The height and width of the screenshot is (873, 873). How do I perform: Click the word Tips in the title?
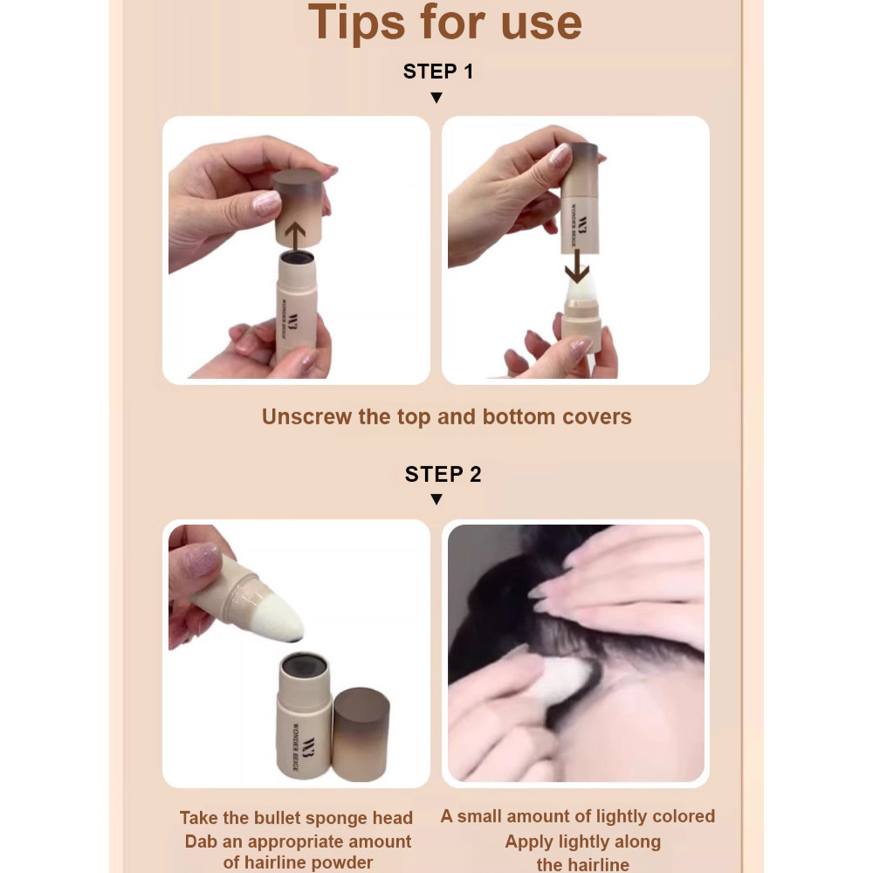(357, 24)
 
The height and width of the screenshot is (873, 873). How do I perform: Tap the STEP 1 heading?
(438, 72)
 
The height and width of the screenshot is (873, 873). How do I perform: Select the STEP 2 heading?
(443, 474)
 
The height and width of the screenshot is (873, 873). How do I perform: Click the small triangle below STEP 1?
(436, 98)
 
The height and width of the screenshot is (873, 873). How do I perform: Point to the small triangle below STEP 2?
(436, 499)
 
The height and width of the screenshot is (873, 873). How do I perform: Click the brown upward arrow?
(295, 237)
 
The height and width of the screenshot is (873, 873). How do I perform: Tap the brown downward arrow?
(577, 266)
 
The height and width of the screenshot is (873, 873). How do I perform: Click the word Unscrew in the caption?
(307, 417)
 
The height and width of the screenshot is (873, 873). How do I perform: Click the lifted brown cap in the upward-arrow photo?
(298, 207)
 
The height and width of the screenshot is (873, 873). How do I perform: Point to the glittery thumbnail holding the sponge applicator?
(203, 559)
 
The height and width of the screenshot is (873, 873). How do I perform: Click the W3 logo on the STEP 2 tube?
(308, 746)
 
